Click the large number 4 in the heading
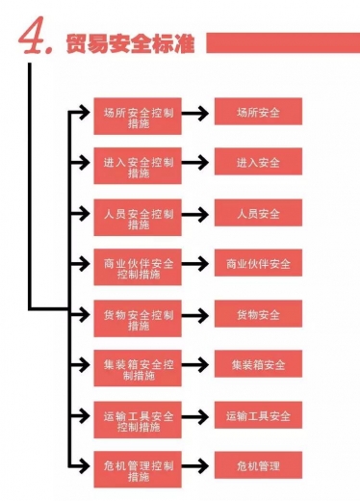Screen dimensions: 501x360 coord(36,38)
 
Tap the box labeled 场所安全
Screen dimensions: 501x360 coord(258,113)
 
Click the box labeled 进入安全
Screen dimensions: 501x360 coord(258,163)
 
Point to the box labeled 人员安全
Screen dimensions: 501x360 coord(258,214)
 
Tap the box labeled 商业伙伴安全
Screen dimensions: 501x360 coord(258,264)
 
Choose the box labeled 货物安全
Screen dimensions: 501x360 coord(258,315)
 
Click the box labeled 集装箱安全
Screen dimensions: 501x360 coord(258,365)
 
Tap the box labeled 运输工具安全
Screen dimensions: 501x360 coord(258,416)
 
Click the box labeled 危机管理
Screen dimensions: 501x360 coord(258,466)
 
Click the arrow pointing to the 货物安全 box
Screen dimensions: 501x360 coord(196,315)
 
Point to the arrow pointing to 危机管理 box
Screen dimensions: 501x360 coord(196,466)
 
